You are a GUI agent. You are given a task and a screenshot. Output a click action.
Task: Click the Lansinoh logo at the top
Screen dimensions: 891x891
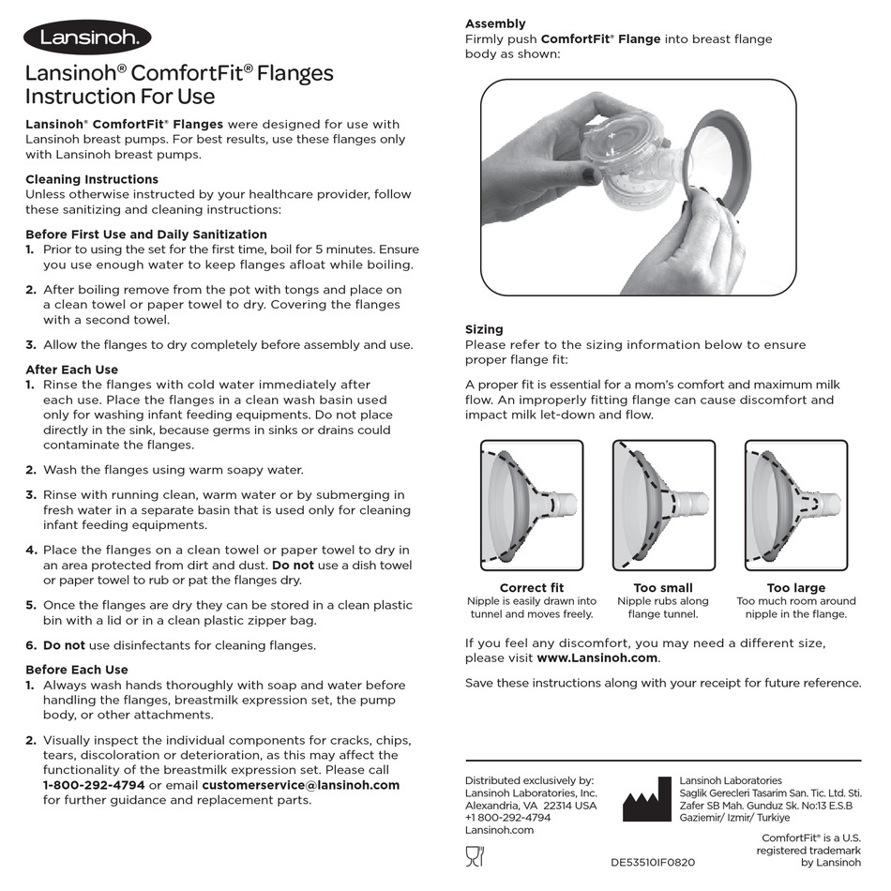87,38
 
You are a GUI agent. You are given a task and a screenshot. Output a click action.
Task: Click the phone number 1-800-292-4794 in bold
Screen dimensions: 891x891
94,785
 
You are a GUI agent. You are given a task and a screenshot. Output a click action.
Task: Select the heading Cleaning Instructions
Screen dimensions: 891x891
92,179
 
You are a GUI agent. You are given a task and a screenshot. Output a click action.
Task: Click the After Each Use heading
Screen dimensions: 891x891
71,370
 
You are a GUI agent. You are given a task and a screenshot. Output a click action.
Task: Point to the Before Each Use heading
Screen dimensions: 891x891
77,670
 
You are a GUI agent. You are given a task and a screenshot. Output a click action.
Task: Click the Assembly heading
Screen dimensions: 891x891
495,23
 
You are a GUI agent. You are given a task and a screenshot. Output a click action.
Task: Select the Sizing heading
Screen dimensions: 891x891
484,329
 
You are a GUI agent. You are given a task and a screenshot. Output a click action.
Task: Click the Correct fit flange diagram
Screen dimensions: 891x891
532,506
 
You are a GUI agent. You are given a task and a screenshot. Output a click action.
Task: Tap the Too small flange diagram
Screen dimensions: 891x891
663,506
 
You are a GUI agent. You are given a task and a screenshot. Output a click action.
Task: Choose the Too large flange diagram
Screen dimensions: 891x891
795,506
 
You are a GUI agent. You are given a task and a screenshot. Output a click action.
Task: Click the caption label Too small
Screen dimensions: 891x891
663,588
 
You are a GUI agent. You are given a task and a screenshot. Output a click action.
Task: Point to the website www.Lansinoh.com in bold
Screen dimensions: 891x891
597,658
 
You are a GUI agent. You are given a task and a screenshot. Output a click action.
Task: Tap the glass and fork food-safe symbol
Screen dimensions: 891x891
475,854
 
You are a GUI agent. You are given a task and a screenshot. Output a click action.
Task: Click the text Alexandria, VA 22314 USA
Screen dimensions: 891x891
531,806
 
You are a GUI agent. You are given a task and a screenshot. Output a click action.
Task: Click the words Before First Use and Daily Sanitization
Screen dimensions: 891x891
146,234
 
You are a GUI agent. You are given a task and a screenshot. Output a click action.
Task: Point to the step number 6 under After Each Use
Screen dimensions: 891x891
31,645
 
